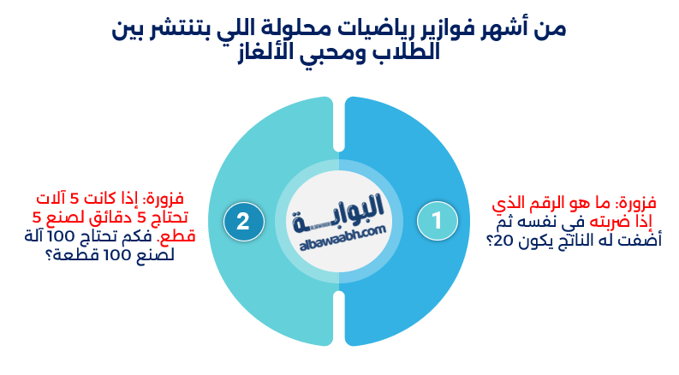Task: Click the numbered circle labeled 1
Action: point(435,221)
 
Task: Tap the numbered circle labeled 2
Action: point(243,221)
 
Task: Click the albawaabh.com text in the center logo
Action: point(339,240)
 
